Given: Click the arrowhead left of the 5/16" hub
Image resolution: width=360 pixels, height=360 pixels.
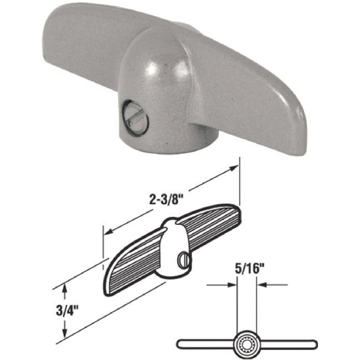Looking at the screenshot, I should pos(232,285).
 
